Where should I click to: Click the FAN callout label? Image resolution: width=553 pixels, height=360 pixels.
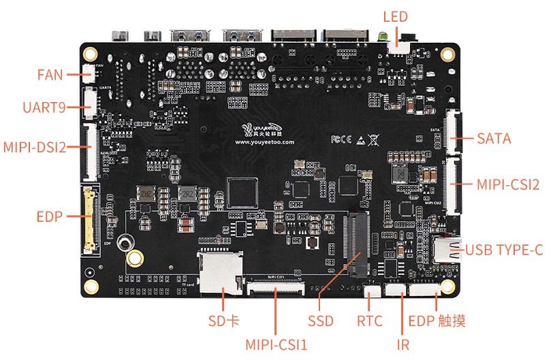pos(50,74)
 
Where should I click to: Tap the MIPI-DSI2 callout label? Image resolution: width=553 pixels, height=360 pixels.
pos(34,146)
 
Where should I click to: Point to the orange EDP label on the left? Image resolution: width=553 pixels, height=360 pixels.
pos(49,217)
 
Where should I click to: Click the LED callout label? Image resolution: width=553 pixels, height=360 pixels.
pos(395,16)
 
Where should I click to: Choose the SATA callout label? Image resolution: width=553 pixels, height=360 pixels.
pos(494,139)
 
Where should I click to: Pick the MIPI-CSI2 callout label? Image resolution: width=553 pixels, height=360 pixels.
pos(507,184)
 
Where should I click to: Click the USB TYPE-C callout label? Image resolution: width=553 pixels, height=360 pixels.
pos(504,250)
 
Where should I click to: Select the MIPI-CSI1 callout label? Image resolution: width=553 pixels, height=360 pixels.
pos(276,344)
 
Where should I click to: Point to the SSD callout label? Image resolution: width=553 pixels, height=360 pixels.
pos(320,321)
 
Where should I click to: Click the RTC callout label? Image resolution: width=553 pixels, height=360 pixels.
pos(370,321)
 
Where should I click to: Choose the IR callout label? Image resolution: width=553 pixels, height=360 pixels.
pos(403,344)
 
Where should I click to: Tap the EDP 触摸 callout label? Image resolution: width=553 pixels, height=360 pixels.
pos(437,321)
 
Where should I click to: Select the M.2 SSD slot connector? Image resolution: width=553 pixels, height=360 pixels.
pos(357,245)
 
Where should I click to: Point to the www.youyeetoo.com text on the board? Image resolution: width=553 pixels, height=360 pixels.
pos(265,143)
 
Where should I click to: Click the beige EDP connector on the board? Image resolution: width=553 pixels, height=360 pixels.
pos(89,218)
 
